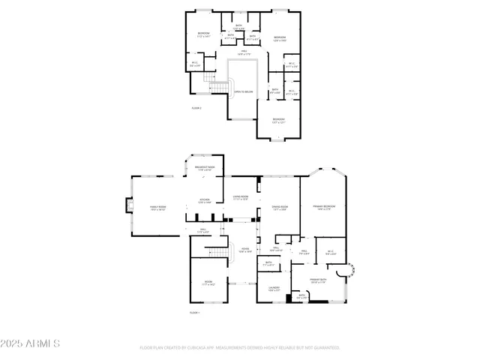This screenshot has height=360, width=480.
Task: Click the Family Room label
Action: tap(157, 207)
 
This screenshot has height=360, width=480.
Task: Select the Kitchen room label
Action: tap(205, 201)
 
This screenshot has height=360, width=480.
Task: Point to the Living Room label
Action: tap(240, 198)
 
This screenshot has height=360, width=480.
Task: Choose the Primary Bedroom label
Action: tap(323, 206)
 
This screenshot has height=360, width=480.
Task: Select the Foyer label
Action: tap(244, 250)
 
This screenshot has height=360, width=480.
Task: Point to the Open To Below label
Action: tap(244, 92)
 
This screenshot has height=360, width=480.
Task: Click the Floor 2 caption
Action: tap(196, 108)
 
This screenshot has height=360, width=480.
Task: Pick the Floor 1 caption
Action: tap(195, 312)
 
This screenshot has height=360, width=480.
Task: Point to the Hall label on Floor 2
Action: tap(244, 52)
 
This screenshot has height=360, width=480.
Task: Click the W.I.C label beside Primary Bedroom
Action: tap(330, 253)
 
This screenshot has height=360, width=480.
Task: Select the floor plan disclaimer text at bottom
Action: tap(240, 348)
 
